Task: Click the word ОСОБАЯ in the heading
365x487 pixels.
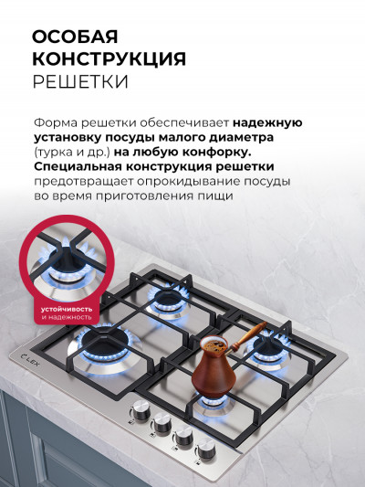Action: tap(75, 37)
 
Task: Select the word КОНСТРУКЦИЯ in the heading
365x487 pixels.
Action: tap(109, 59)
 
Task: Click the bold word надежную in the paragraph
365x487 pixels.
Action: tap(267, 122)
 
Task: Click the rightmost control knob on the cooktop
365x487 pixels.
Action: tap(206, 447)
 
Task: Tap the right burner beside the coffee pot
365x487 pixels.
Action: tap(271, 347)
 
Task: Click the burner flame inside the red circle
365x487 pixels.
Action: tap(67, 264)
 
